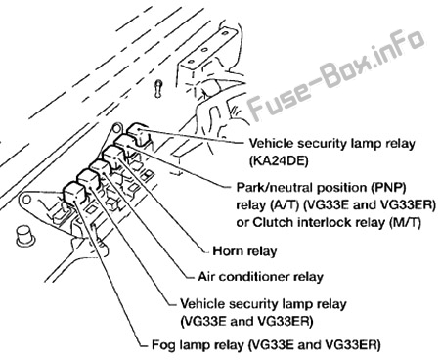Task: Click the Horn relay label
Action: click(x=244, y=251)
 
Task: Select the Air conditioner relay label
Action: click(x=260, y=277)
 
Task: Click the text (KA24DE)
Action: click(x=279, y=161)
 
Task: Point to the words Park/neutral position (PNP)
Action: click(x=321, y=188)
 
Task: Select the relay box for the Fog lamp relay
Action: click(x=75, y=193)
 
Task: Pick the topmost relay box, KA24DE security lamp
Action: click(x=138, y=133)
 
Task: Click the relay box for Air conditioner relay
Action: click(x=101, y=169)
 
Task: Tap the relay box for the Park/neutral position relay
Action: click(x=125, y=144)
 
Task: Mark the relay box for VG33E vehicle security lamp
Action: click(x=87, y=180)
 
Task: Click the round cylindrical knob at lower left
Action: click(x=25, y=236)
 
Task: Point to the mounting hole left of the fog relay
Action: click(x=26, y=199)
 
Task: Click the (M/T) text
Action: click(x=405, y=222)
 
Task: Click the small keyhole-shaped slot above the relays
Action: click(x=158, y=88)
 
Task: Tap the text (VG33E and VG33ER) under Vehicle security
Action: click(x=246, y=322)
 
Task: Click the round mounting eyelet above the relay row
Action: click(x=117, y=128)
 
